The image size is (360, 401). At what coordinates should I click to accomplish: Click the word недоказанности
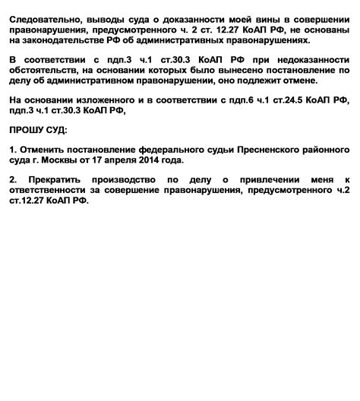point(309,58)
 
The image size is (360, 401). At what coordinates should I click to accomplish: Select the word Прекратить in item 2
point(62,179)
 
